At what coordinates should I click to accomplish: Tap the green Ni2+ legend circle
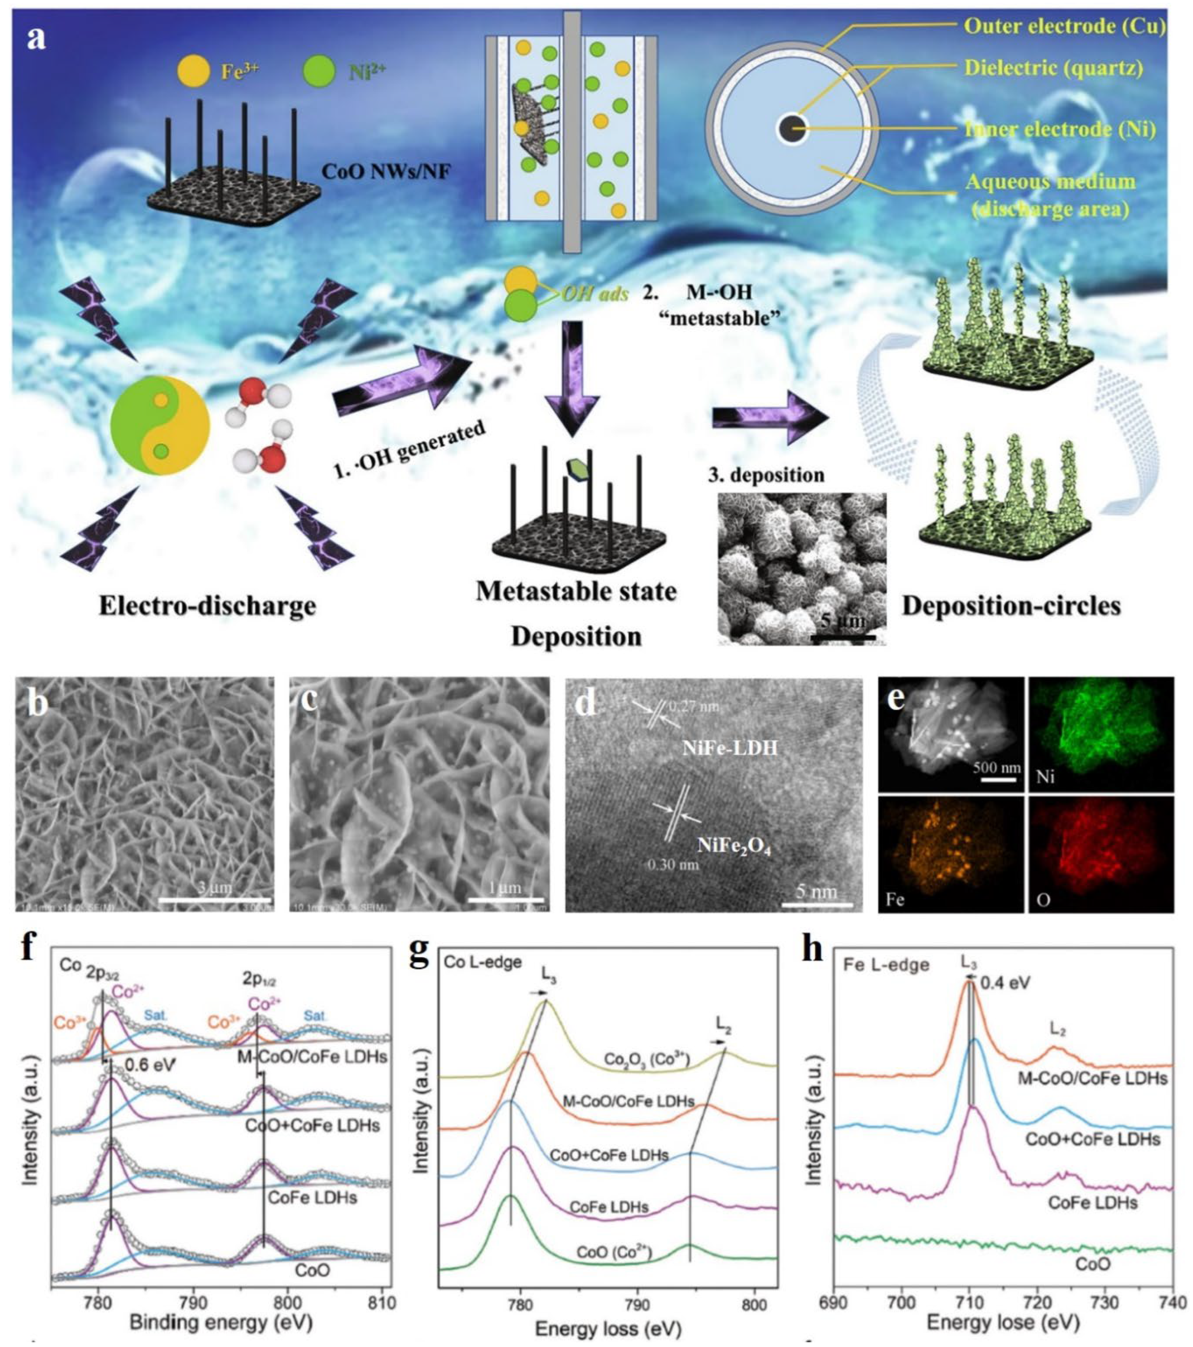(318, 72)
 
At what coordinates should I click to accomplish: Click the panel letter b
(38, 704)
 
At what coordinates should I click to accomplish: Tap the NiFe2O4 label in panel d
(734, 845)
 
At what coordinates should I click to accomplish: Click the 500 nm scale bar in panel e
(997, 781)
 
